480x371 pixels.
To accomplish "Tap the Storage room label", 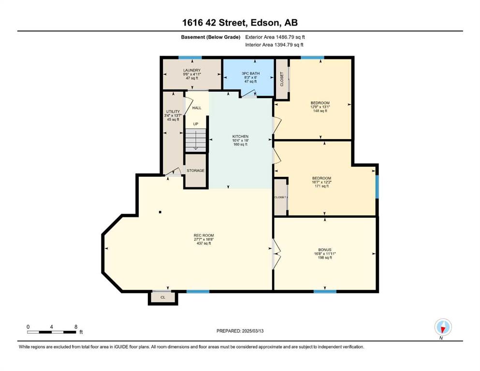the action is pos(196,171).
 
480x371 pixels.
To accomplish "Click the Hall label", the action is pos(197,108).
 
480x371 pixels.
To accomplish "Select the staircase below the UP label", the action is pos(196,140).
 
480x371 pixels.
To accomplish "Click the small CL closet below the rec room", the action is pos(163,297).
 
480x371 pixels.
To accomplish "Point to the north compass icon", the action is pos(443,327).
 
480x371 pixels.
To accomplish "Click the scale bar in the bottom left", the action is pos(51,332).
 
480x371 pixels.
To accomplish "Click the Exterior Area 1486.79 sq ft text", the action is pos(275,37).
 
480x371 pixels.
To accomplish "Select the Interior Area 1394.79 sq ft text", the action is pos(274,44).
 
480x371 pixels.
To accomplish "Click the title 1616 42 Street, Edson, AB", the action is pos(240,23).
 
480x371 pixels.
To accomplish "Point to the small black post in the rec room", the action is pos(160,212).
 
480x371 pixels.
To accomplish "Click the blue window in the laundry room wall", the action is pos(190,57).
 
